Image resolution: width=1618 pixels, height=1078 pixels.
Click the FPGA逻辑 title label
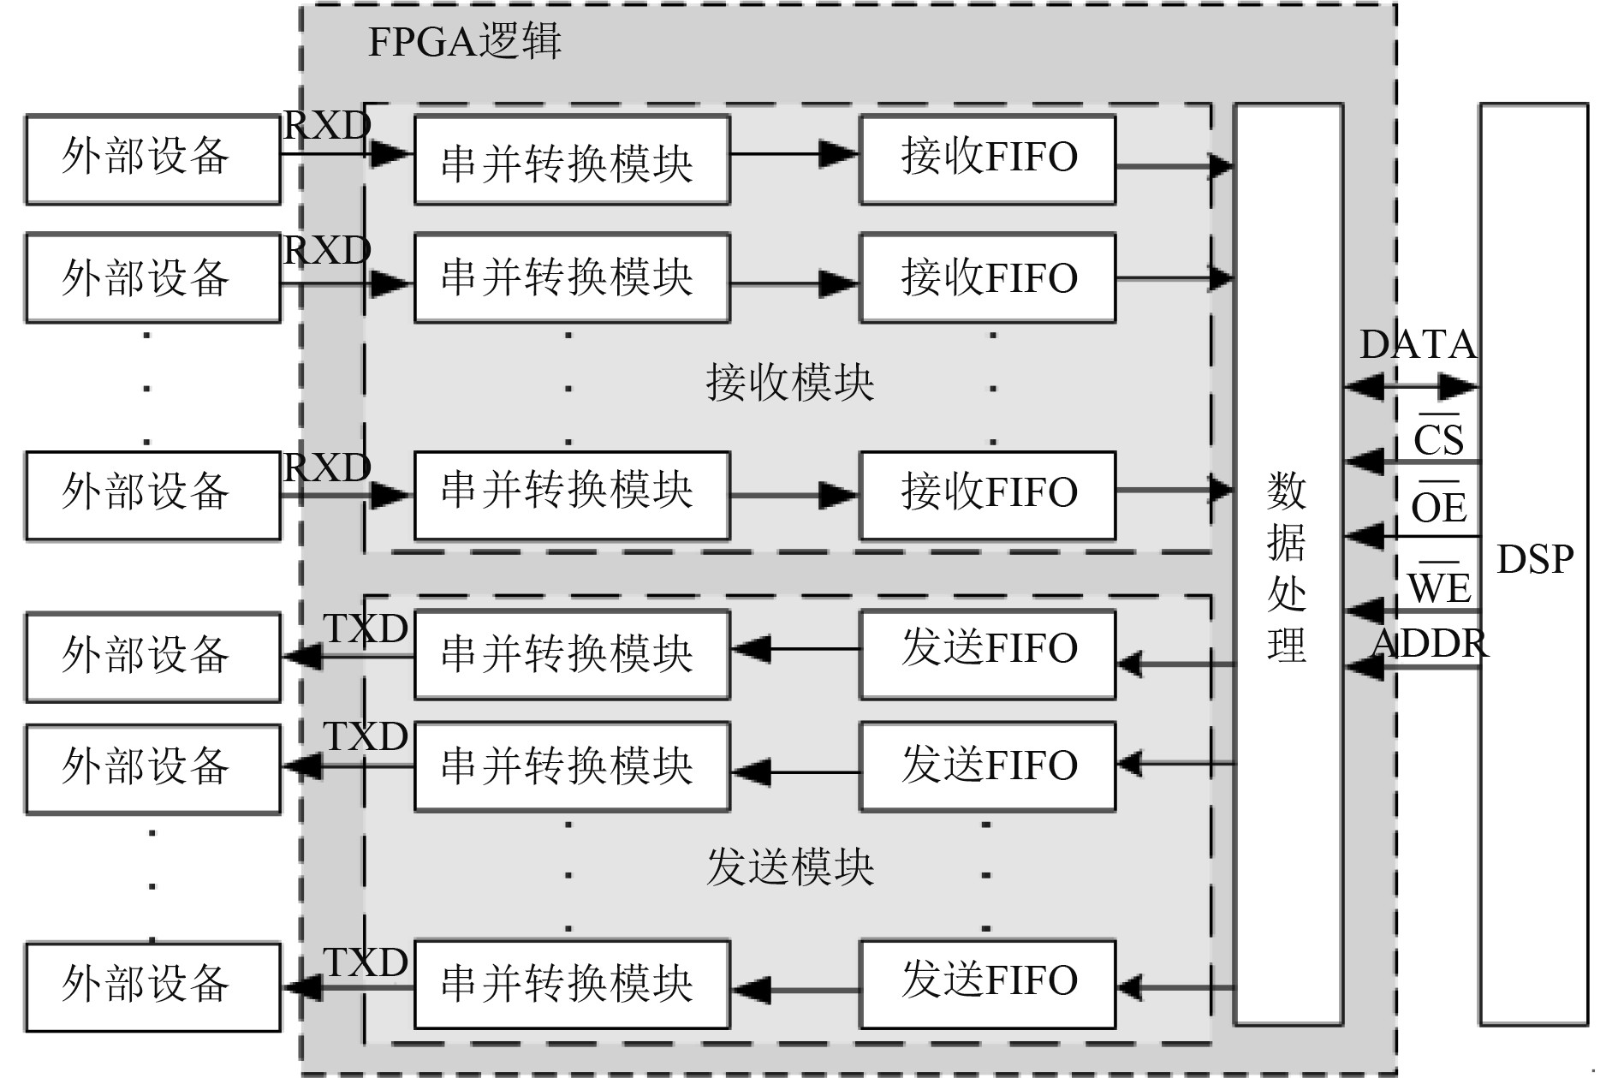(x=464, y=42)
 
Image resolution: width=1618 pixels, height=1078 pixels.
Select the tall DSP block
(x=1533, y=563)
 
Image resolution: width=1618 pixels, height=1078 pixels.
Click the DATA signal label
(x=1418, y=345)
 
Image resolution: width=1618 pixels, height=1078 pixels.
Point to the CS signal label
(x=1438, y=440)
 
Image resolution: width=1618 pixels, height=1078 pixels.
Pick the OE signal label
(x=1438, y=508)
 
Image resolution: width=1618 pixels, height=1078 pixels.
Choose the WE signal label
(x=1439, y=587)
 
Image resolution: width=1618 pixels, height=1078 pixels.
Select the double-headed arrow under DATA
(x=1412, y=386)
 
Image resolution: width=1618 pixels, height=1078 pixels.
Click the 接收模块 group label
(x=789, y=383)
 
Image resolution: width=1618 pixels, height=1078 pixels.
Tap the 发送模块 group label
(x=789, y=867)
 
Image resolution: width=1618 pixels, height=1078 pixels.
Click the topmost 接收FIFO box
(x=987, y=159)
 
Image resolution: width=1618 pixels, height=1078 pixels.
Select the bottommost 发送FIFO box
(x=987, y=984)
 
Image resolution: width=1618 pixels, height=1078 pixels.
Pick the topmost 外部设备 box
(x=152, y=159)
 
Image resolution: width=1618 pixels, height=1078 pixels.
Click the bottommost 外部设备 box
(x=152, y=986)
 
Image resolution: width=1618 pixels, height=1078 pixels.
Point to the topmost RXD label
(x=326, y=127)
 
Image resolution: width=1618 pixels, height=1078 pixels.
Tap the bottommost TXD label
(x=366, y=962)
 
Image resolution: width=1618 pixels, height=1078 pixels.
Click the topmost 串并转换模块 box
(x=571, y=159)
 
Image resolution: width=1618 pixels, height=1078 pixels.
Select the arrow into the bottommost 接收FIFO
(x=794, y=495)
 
